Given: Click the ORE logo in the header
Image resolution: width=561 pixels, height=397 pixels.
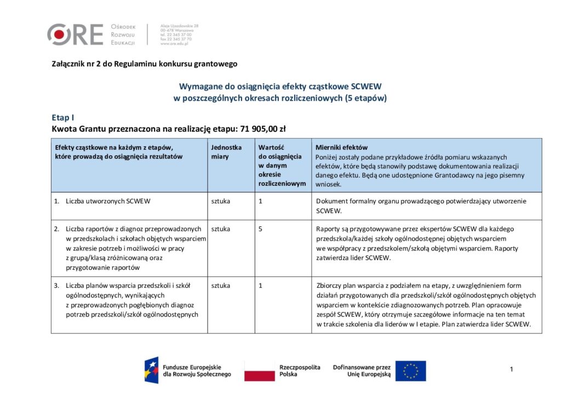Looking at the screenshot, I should coord(75,34).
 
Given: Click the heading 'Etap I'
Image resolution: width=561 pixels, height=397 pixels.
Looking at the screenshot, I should coord(62,117).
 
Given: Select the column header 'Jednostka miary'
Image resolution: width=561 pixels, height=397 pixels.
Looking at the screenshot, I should coord(226,152).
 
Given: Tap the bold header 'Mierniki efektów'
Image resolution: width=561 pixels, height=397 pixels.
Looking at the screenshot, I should coord(341,148).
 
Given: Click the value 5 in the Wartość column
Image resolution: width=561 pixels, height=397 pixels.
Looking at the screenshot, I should coord(261,229).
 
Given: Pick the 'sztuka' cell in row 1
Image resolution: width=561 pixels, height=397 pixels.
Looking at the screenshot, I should coord(221,201).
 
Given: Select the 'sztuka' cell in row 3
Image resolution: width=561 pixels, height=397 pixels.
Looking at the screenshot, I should coord(221,286).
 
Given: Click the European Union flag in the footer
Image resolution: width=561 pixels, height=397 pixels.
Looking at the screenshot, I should coord(410,371).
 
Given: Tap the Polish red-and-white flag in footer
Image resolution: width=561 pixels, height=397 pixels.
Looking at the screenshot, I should coord(259,371).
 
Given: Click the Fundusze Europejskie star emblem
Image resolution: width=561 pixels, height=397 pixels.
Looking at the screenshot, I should coord(152,371).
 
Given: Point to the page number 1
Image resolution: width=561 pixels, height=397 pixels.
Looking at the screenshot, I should coord(511,370).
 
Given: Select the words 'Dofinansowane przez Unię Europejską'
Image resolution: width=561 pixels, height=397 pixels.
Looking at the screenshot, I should coord(362,371).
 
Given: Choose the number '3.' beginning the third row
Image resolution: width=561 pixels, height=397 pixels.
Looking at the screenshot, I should coord(56,286).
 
